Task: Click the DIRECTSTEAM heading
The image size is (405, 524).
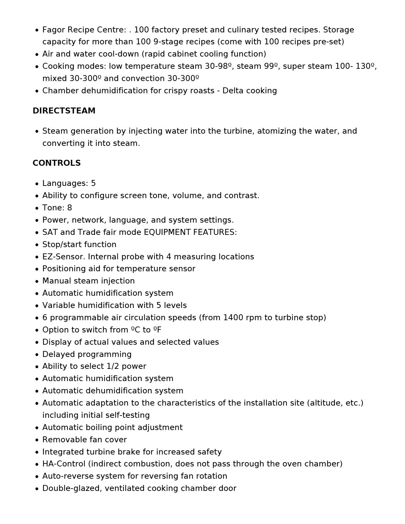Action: point(64,111)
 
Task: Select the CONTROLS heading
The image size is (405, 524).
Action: point(57,163)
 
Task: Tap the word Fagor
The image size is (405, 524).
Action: point(54,30)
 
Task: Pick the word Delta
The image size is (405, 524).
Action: point(233,91)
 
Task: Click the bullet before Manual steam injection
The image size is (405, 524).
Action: point(37,281)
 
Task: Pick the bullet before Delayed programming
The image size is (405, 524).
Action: point(37,355)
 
